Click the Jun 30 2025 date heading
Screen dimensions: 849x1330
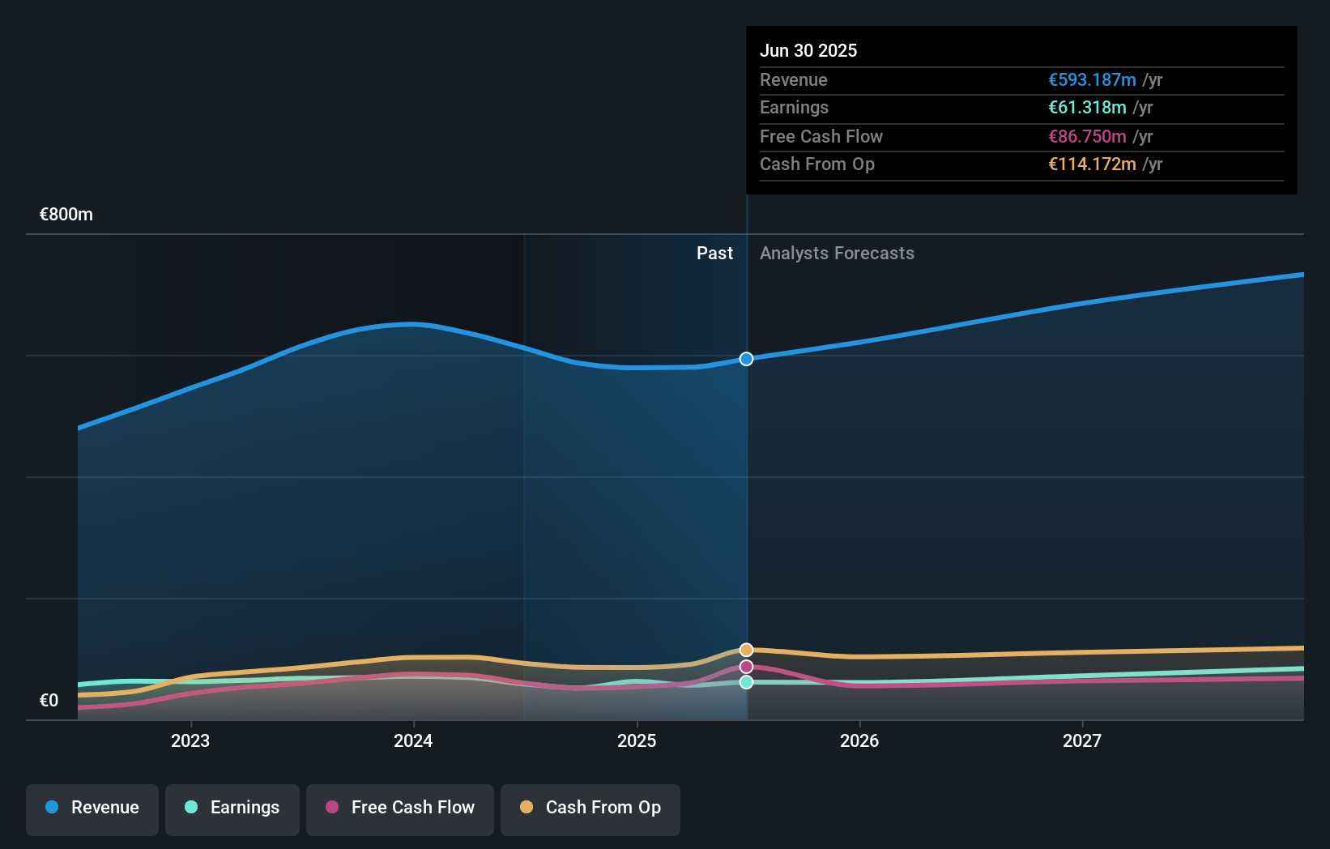point(808,50)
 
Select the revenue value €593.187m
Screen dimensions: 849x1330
point(1091,79)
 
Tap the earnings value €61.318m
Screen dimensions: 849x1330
point(1086,107)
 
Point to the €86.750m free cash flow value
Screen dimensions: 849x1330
point(1086,136)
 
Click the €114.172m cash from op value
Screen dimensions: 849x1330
point(1091,164)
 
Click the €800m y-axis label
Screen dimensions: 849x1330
point(66,215)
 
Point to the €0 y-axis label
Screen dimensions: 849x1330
point(49,700)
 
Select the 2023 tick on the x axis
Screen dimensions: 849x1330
point(190,740)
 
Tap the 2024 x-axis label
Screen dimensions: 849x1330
point(413,740)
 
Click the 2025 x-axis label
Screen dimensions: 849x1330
point(637,740)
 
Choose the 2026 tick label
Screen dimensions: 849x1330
point(859,740)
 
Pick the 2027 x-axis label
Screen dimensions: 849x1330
point(1082,740)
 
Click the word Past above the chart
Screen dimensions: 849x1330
point(714,254)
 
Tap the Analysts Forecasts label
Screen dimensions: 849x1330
point(837,254)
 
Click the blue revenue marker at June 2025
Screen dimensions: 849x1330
point(746,359)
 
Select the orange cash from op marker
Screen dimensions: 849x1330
point(746,650)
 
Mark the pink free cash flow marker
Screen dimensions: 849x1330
point(746,667)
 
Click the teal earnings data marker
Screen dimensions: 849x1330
point(746,682)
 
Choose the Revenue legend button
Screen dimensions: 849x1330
point(92,808)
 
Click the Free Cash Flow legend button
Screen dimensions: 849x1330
point(400,808)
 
